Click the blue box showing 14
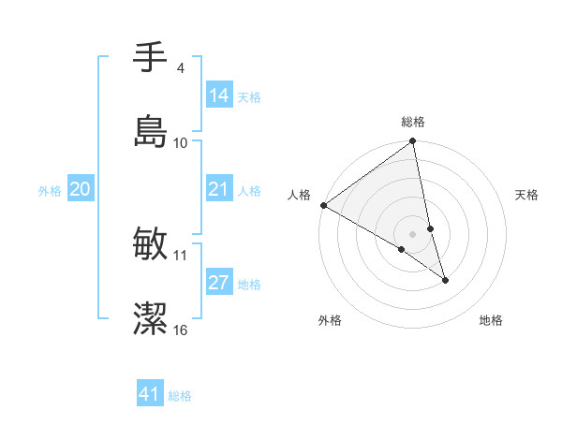point(219,95)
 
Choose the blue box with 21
point(219,190)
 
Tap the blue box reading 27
point(219,284)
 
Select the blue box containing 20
point(80,190)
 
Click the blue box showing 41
point(150,395)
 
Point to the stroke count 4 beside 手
point(180,67)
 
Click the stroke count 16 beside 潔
point(181,330)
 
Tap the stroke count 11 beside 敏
point(181,255)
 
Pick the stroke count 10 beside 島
point(181,142)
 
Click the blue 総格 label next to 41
point(180,396)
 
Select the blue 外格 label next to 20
point(50,191)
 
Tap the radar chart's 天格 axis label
point(527,195)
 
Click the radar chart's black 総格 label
point(413,122)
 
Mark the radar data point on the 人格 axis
point(323,205)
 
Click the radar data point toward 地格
point(445,280)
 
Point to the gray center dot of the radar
point(413,233)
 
